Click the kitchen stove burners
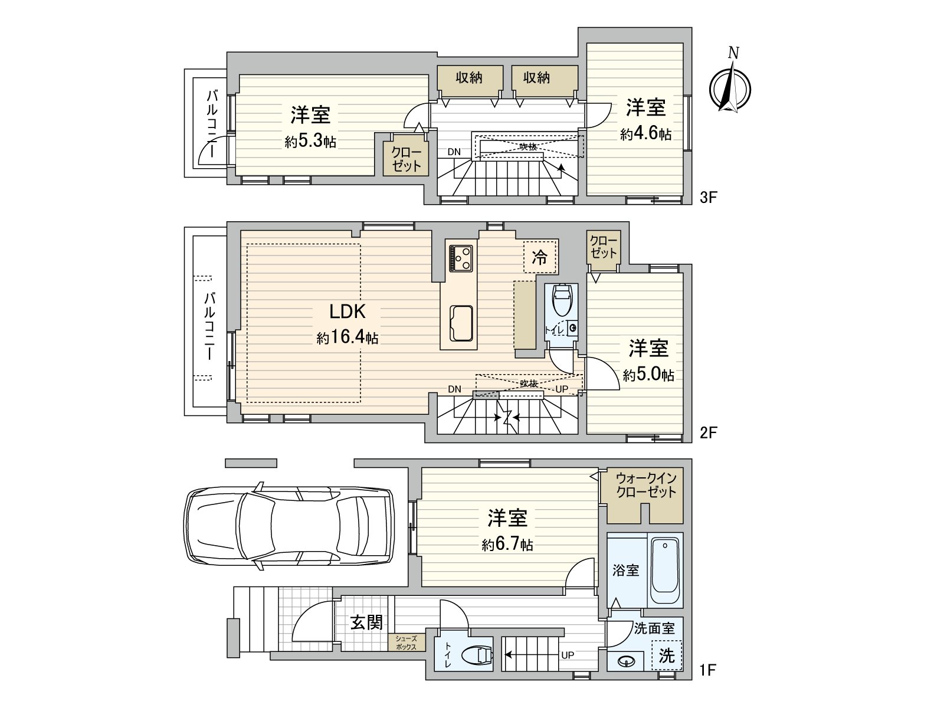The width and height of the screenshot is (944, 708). click(x=461, y=258)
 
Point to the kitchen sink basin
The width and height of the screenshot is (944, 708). click(x=461, y=323)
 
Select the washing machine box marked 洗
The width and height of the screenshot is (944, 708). click(x=667, y=655)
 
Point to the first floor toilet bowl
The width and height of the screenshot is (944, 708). click(x=478, y=655)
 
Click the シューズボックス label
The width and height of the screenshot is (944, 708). click(x=406, y=643)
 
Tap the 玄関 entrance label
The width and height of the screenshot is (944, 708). click(x=366, y=622)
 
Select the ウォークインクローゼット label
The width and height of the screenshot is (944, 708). click(x=646, y=485)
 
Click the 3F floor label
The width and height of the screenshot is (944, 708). click(x=708, y=198)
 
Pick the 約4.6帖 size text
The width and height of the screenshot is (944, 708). click(x=645, y=135)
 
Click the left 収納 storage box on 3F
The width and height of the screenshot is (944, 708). click(x=470, y=78)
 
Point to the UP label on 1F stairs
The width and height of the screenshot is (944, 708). click(x=567, y=655)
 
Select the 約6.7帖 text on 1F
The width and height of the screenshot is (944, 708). click(x=507, y=545)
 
